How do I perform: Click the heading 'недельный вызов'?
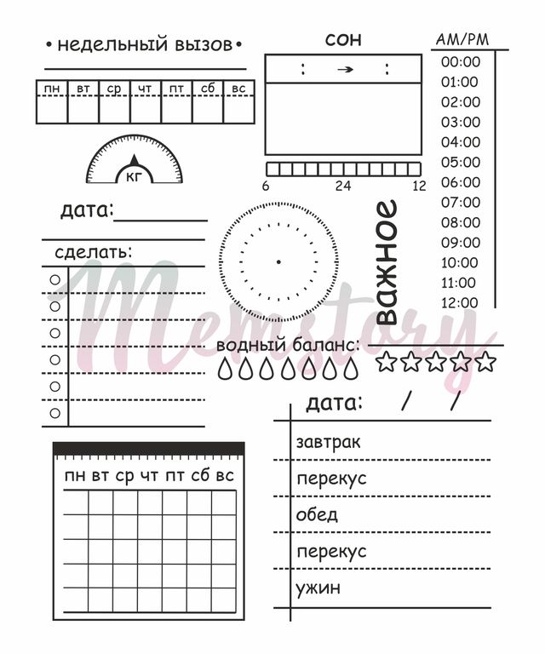click(144, 44)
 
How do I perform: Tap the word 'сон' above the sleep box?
click(342, 39)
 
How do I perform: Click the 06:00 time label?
click(461, 182)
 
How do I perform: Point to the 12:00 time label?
click(461, 302)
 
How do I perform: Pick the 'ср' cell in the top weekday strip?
click(114, 89)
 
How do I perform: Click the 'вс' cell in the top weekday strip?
click(239, 89)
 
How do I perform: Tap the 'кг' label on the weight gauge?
click(135, 177)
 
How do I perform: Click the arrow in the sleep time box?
click(344, 70)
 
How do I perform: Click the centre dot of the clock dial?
click(278, 261)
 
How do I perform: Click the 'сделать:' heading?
click(94, 252)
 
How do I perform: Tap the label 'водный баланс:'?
click(287, 346)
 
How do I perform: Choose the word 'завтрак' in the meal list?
click(328, 442)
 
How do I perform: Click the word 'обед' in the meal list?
click(317, 514)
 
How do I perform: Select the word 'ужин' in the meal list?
click(318, 588)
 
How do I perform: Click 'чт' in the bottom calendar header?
click(150, 476)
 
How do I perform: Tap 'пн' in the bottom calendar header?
click(75, 476)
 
